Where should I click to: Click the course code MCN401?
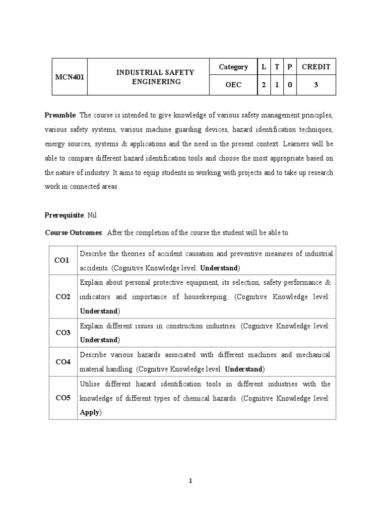(70, 76)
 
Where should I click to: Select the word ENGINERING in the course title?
(155, 82)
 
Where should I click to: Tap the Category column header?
(233, 67)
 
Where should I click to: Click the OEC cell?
(233, 85)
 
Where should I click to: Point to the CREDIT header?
(316, 67)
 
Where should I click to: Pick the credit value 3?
(316, 85)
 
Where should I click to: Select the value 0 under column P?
(290, 85)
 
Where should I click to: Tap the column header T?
(277, 67)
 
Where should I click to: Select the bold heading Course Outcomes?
(73, 232)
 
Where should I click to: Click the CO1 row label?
(63, 260)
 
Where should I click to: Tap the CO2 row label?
(63, 296)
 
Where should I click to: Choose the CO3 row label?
(63, 332)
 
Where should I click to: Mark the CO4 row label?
(63, 362)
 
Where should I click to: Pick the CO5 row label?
(63, 398)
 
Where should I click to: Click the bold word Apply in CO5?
(90, 412)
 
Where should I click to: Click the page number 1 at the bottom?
(190, 481)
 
